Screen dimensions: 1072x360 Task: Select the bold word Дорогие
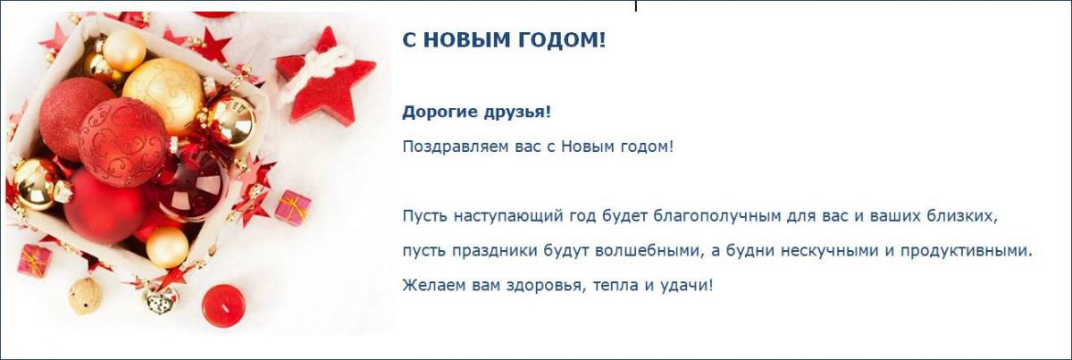click(440, 113)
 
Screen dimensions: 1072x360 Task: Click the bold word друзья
click(517, 113)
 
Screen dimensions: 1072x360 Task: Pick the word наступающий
click(507, 217)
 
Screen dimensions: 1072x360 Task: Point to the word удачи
click(687, 286)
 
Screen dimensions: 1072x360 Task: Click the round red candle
click(223, 306)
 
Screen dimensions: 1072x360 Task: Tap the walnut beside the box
click(85, 296)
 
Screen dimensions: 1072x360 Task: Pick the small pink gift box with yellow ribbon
click(293, 208)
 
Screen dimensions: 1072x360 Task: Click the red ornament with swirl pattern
click(123, 142)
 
